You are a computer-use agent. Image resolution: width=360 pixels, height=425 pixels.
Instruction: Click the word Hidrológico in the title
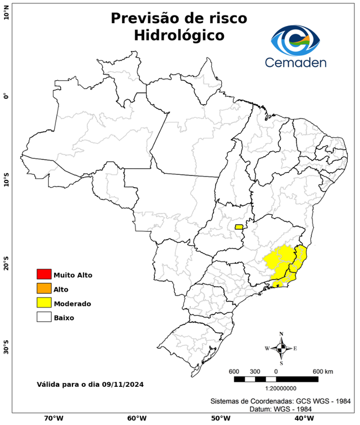[x=179, y=35]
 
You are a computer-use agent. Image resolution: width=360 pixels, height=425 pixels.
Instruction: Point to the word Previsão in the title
[x=147, y=18]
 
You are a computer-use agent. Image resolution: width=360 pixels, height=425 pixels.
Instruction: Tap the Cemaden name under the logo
[x=296, y=62]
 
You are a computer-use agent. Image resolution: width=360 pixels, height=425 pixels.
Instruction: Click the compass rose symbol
[x=281, y=348]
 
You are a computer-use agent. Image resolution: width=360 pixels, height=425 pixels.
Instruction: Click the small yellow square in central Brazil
[x=239, y=227]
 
